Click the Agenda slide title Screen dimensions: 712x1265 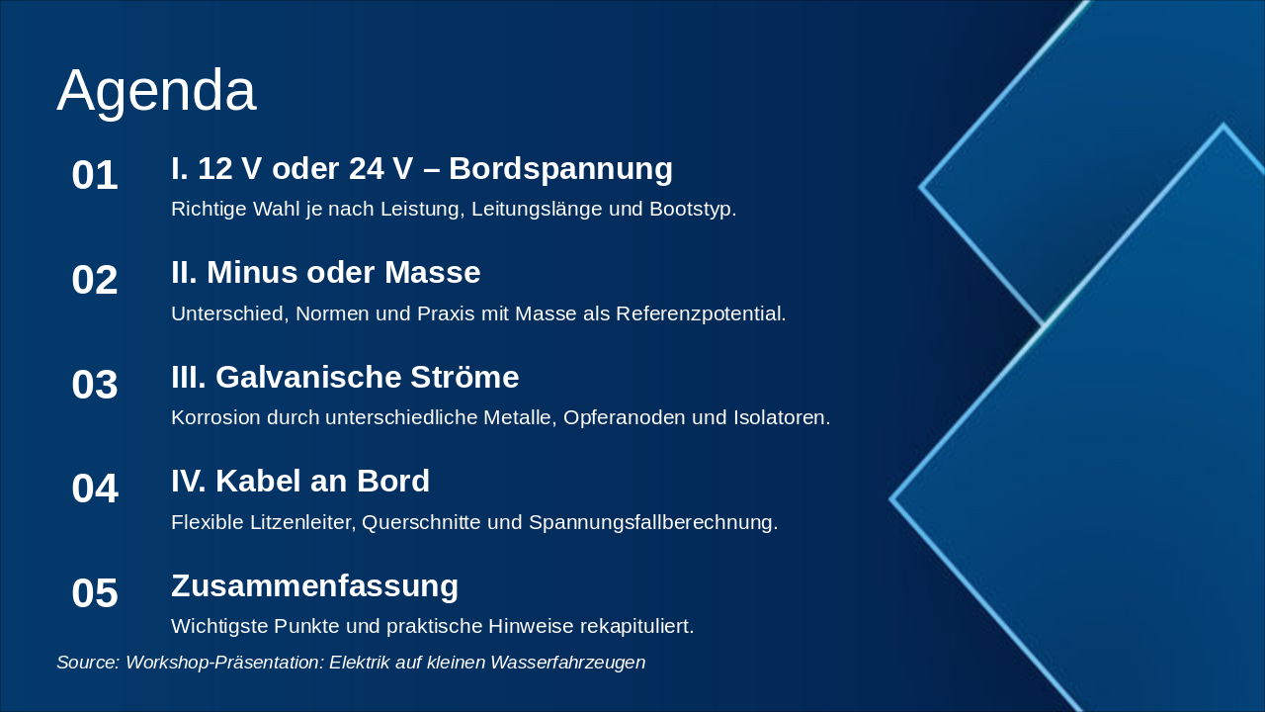pyautogui.click(x=156, y=91)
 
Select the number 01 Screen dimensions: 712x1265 pyautogui.click(x=95, y=176)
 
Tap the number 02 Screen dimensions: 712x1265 pyautogui.click(x=95, y=281)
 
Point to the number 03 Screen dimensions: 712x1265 pyautogui.click(x=95, y=385)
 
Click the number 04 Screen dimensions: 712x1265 pyautogui.click(x=95, y=489)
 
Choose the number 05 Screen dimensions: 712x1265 pyautogui.click(x=95, y=594)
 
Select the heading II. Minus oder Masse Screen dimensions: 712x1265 pyautogui.click(x=325, y=273)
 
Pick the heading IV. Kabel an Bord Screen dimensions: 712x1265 pyautogui.click(x=299, y=482)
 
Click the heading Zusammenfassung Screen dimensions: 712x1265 pyautogui.click(x=314, y=586)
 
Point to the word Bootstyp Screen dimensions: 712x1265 pyautogui.click(x=694, y=210)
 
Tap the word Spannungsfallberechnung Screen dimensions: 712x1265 pyautogui.click(x=653, y=523)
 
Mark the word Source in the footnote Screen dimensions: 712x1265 pyautogui.click(x=87, y=664)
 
